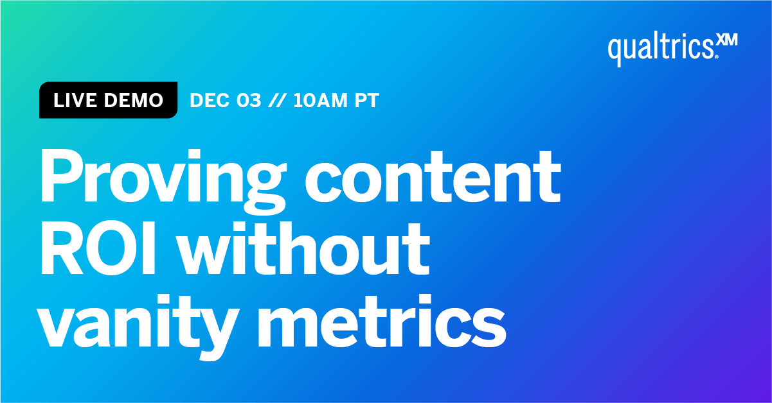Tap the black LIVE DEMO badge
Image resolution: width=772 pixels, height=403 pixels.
[108, 101]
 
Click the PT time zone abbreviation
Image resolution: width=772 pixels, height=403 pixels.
[366, 101]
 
